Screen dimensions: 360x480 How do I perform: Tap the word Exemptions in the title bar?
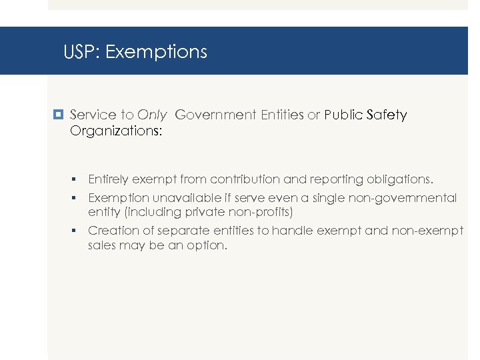point(156,52)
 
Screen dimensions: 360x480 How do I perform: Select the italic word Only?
point(151,115)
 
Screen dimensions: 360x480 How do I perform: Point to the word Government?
point(215,115)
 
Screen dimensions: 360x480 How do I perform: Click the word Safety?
point(386,115)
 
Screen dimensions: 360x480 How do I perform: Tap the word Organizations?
point(115,131)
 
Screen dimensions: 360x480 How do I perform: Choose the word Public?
point(344,115)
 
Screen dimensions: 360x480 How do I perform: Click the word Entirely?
point(109,179)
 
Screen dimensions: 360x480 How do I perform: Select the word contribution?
point(243,179)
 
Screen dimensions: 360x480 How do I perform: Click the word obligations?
point(397,179)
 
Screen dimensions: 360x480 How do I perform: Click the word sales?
point(103,245)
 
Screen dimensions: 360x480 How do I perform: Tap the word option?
point(206,245)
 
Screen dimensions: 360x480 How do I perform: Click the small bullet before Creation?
point(77,231)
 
